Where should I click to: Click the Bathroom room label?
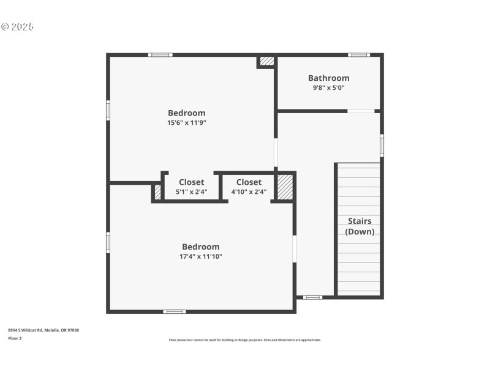click(x=328, y=78)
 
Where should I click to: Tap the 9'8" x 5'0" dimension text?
click(x=328, y=87)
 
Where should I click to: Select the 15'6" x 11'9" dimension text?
click(x=187, y=122)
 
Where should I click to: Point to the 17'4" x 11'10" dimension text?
click(x=200, y=256)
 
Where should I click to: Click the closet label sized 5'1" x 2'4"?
click(x=192, y=182)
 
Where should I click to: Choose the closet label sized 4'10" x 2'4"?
click(x=249, y=182)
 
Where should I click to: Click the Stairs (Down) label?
click(x=359, y=226)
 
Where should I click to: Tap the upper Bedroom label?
click(x=187, y=113)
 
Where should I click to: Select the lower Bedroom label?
click(x=200, y=247)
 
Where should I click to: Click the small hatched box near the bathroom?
click(x=267, y=61)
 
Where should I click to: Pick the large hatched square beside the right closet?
click(x=285, y=187)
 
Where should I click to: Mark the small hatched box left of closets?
click(x=157, y=192)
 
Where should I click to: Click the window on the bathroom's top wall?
click(x=359, y=55)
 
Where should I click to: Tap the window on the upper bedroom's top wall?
click(x=160, y=55)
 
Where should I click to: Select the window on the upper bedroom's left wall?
click(x=108, y=110)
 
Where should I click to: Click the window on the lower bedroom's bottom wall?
click(x=174, y=311)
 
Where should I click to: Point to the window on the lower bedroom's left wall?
click(x=108, y=242)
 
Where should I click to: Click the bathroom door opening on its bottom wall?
click(x=361, y=111)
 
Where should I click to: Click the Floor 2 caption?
click(x=15, y=338)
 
